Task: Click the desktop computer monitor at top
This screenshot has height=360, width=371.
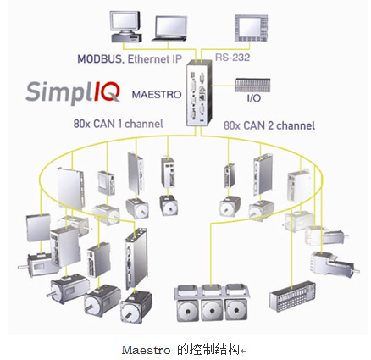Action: coord(125,21)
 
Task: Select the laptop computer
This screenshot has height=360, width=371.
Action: coord(170,29)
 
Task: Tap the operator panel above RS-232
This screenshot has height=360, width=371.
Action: coord(251,28)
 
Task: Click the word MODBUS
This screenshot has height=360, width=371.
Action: coord(101,59)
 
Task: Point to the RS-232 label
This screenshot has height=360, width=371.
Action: coord(232,58)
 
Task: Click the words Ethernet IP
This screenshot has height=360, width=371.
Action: coord(155,59)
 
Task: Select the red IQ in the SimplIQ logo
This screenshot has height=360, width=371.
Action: coord(108,91)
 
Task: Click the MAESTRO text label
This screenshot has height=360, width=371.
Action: coord(157,95)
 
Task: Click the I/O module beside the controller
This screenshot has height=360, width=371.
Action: coord(252,86)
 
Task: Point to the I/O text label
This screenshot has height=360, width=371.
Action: coord(253,98)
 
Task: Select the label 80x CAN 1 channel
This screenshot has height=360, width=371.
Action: coord(119,124)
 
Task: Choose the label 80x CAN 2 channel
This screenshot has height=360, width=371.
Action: coord(269,125)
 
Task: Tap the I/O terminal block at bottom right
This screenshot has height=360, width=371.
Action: coord(292,296)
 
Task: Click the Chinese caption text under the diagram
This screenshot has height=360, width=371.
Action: coord(208,350)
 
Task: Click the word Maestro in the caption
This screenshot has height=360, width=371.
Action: coord(146,351)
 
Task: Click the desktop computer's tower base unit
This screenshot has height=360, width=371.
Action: coord(126,37)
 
